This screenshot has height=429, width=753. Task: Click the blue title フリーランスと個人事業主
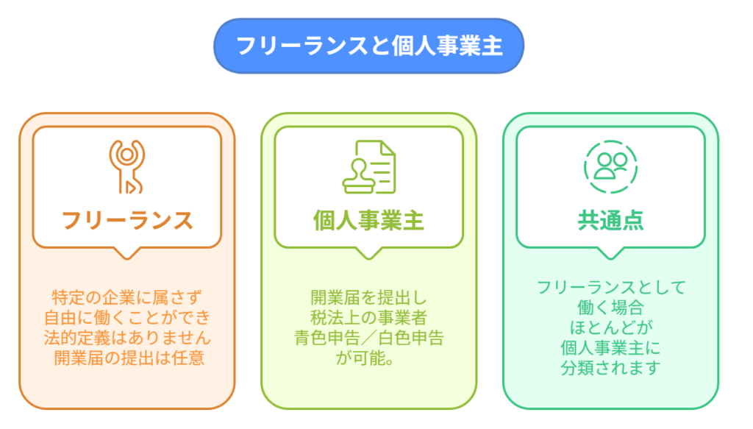click(369, 46)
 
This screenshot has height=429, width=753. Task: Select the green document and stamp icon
click(369, 167)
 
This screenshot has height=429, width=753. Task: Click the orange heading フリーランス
click(127, 221)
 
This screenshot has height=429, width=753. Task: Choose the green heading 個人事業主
click(369, 221)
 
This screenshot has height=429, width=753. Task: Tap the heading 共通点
click(610, 221)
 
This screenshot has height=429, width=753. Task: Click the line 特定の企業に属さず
click(126, 298)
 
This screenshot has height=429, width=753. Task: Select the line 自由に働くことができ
click(127, 318)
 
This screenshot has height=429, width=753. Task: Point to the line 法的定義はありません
click(127, 338)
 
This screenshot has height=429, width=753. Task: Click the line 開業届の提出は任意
click(129, 358)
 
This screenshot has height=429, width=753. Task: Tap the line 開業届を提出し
click(369, 298)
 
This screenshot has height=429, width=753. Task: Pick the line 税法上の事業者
click(369, 318)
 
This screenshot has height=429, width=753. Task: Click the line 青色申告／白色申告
click(369, 338)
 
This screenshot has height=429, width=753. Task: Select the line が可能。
click(365, 358)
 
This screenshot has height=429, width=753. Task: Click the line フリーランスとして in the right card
click(611, 287)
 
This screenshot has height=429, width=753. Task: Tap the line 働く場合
click(610, 308)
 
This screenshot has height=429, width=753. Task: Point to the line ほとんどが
click(611, 327)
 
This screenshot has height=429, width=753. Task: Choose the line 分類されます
click(610, 368)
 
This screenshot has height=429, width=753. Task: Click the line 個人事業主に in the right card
click(610, 348)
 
